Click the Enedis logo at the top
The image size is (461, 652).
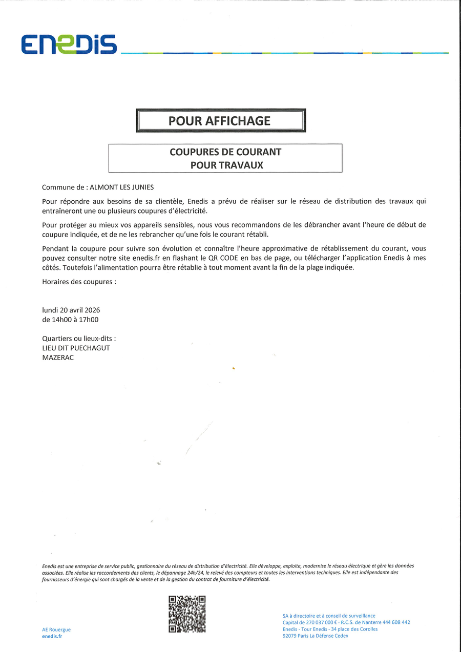(69, 45)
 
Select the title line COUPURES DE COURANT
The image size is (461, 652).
(225, 152)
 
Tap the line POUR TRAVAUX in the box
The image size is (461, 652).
(226, 165)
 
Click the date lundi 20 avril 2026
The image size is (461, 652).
(71, 310)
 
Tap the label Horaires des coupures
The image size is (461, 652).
(79, 282)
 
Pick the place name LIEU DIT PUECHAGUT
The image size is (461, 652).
(76, 348)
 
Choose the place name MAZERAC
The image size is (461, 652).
(58, 357)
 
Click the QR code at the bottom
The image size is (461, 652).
(187, 614)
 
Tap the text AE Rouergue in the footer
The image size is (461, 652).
(56, 629)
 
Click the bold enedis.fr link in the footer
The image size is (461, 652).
(52, 636)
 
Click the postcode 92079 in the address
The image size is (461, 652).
(290, 636)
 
